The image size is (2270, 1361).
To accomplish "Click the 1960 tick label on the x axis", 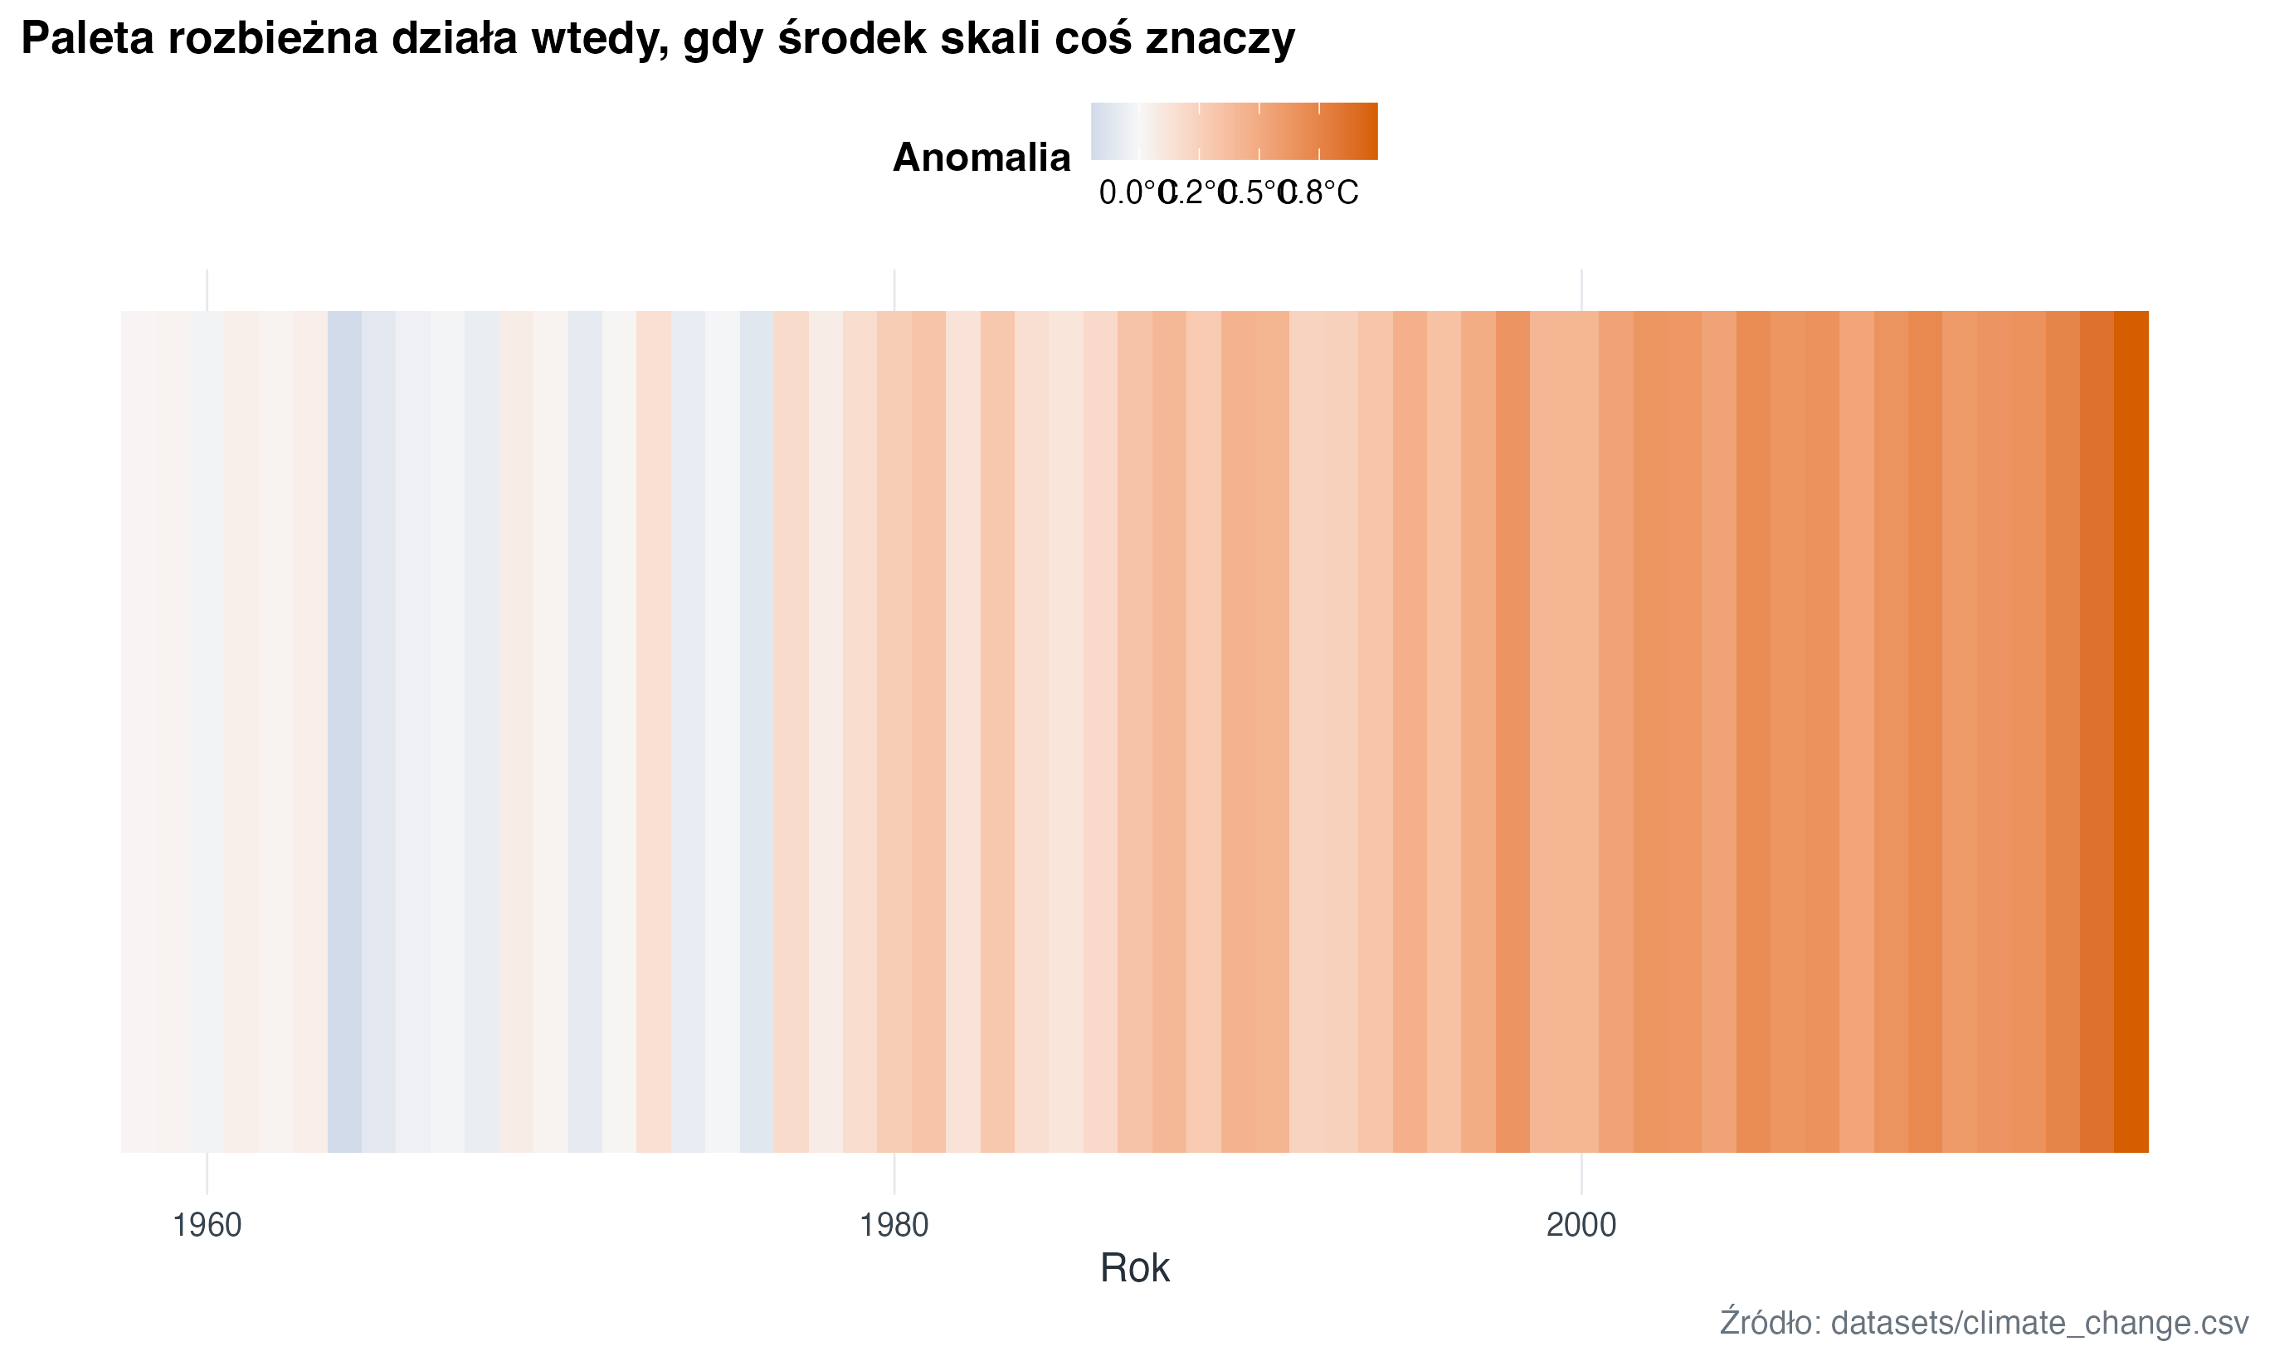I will click(207, 1225).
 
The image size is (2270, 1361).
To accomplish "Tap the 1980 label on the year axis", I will click(894, 1225).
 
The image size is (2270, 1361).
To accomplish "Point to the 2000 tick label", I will click(1581, 1225).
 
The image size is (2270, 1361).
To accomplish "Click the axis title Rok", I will click(1134, 1268).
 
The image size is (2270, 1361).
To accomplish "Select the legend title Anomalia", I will click(982, 158).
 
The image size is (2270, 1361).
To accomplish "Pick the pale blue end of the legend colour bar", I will click(1098, 131).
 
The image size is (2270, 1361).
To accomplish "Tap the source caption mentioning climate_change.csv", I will click(1984, 1323).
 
